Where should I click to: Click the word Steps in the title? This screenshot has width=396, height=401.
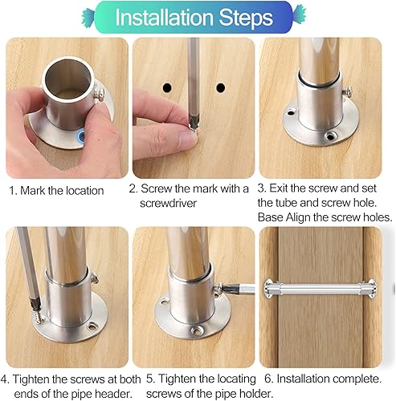[247, 17]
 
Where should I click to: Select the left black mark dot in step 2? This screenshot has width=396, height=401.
[168, 85]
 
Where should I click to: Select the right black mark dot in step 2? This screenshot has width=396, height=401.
[220, 85]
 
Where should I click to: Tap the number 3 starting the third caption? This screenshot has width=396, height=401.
[262, 190]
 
